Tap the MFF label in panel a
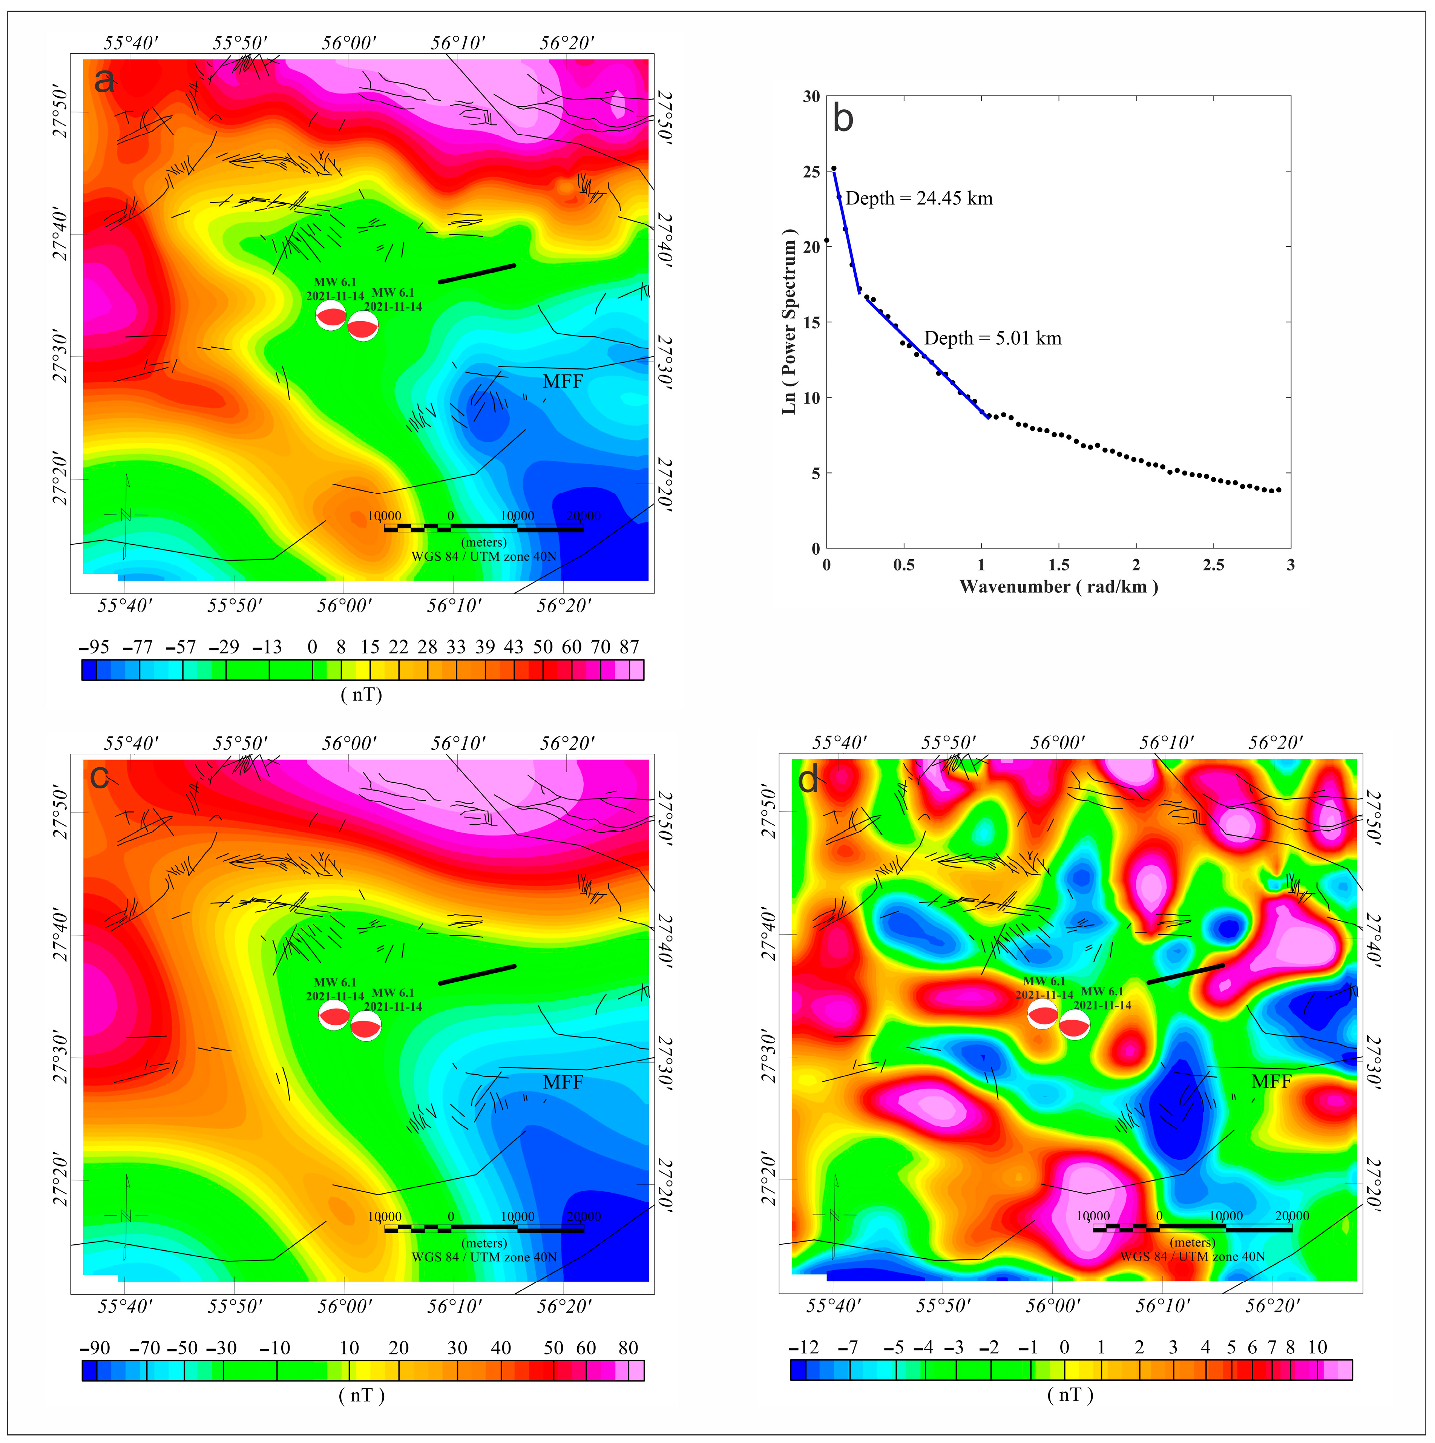click(x=563, y=382)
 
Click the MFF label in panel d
click(x=1271, y=1081)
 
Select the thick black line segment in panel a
click(x=477, y=273)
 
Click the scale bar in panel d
click(x=1192, y=1228)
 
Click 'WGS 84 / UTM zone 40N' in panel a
click(x=484, y=557)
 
